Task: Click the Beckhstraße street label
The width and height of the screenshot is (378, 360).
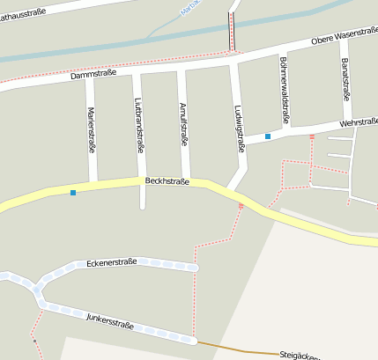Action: coord(167,180)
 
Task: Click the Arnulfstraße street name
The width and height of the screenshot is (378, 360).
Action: coord(183,123)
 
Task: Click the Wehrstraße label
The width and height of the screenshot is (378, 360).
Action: coord(358,122)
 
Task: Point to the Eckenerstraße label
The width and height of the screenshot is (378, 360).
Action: coord(112,262)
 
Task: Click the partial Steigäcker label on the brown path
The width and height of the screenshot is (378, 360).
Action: coord(299,355)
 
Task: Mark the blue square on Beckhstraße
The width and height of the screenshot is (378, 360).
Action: coord(73,192)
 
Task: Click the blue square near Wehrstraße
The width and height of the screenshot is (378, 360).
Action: coord(267,136)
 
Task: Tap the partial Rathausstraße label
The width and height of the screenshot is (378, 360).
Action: coord(24,10)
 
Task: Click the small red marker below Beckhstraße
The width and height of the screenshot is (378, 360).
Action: coord(241,206)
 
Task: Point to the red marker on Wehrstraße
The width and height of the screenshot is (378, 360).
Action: coord(312,136)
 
